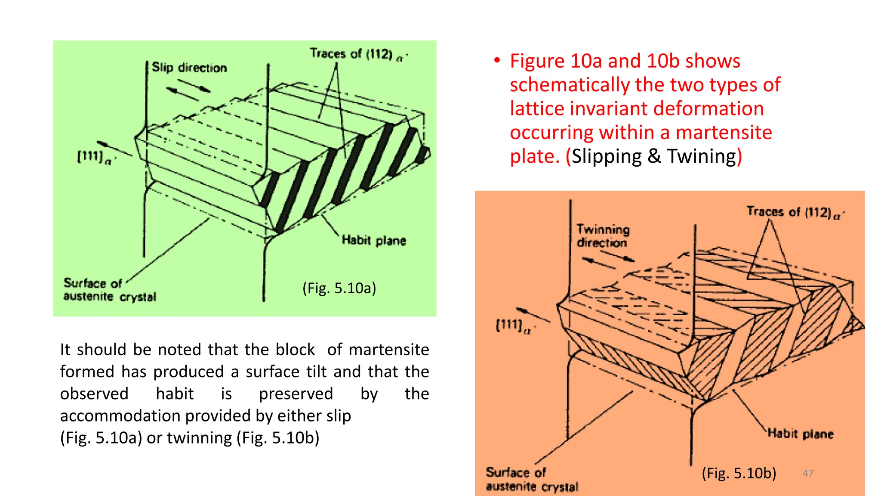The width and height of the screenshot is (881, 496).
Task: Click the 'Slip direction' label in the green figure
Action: point(189,68)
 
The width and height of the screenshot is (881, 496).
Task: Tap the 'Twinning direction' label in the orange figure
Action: point(603,236)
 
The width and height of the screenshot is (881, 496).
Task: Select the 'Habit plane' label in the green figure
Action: point(373,240)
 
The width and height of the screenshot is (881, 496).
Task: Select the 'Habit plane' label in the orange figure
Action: point(801,433)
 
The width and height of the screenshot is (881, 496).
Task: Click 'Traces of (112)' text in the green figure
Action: point(357,54)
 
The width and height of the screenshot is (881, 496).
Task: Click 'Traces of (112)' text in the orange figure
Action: point(794,212)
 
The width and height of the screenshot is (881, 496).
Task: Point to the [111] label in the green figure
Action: point(95,157)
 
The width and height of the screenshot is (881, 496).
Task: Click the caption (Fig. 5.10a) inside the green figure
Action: point(339,288)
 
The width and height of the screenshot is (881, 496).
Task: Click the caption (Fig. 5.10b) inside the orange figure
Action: point(739,473)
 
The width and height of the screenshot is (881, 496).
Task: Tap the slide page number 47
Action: point(808,473)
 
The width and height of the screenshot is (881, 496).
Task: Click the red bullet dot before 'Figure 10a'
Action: point(497,60)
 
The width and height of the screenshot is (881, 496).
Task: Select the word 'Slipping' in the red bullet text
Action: point(606,156)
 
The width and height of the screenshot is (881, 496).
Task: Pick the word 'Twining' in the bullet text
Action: point(702,156)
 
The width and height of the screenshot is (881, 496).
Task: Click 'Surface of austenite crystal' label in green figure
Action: point(109,290)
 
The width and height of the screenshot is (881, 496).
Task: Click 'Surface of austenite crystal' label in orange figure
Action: point(532,479)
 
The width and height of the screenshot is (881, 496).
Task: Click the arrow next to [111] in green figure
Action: point(114,148)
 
